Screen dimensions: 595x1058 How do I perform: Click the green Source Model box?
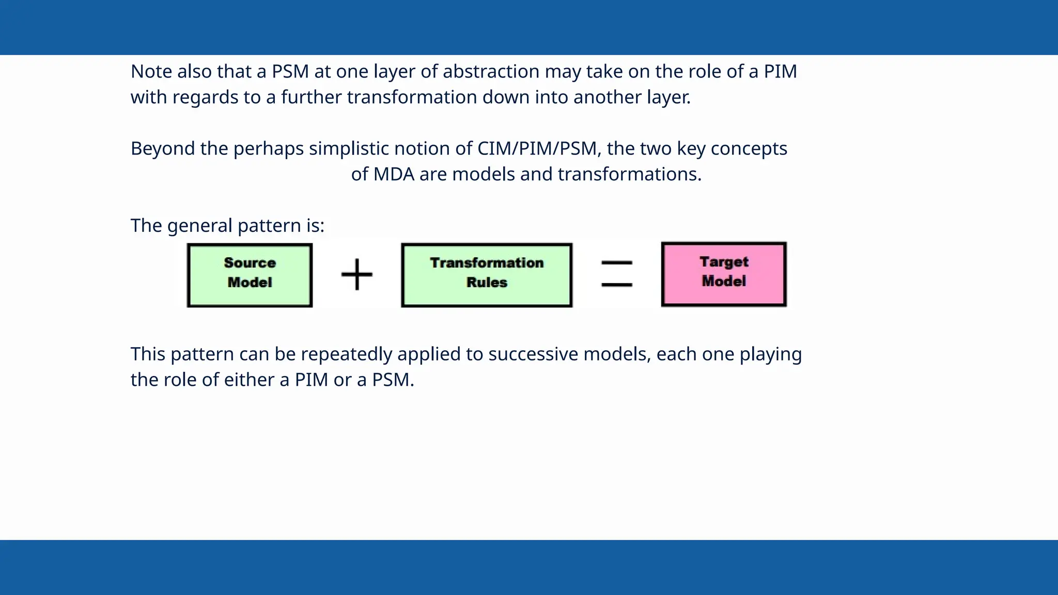coord(250,275)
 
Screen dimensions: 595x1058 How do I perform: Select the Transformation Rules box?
coord(487,275)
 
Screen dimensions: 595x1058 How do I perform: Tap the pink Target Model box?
coord(724,274)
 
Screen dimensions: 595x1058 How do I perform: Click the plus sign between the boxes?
coord(357,274)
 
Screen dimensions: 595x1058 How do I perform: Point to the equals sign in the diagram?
coord(617,274)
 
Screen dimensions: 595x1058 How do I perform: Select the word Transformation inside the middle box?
coord(487,263)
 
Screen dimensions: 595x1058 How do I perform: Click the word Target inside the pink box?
coord(724,262)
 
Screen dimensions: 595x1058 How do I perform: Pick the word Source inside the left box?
coord(250,263)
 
